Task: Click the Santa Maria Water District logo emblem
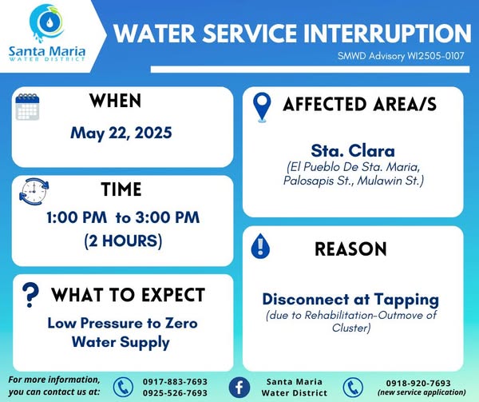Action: tap(46, 23)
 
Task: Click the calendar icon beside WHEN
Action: tap(27, 106)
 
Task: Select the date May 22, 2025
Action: tap(121, 133)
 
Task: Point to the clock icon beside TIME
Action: tap(34, 192)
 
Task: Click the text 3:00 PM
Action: tap(168, 217)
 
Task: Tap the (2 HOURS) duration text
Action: tap(123, 241)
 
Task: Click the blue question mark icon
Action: tap(30, 295)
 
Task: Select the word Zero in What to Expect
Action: tap(181, 324)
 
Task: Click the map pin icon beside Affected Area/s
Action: tap(262, 107)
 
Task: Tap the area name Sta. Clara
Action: tap(353, 150)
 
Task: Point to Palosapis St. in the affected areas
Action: tap(318, 181)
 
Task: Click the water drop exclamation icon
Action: tap(260, 246)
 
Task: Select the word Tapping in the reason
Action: tap(406, 300)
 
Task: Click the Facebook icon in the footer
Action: tap(239, 388)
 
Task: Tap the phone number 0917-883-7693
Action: tap(175, 382)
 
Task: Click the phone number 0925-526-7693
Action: tap(175, 393)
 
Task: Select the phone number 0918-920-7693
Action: tap(418, 383)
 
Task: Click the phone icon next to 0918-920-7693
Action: tap(353, 388)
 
